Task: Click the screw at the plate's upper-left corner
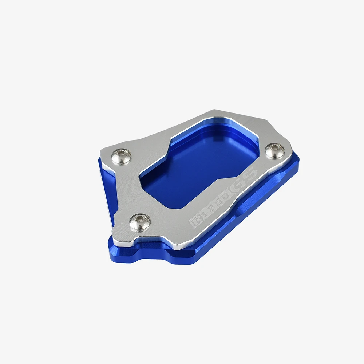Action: click(122, 157)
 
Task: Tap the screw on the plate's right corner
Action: click(275, 151)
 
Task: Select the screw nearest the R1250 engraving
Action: click(140, 222)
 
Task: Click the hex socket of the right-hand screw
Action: click(274, 148)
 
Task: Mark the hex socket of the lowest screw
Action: click(139, 218)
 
